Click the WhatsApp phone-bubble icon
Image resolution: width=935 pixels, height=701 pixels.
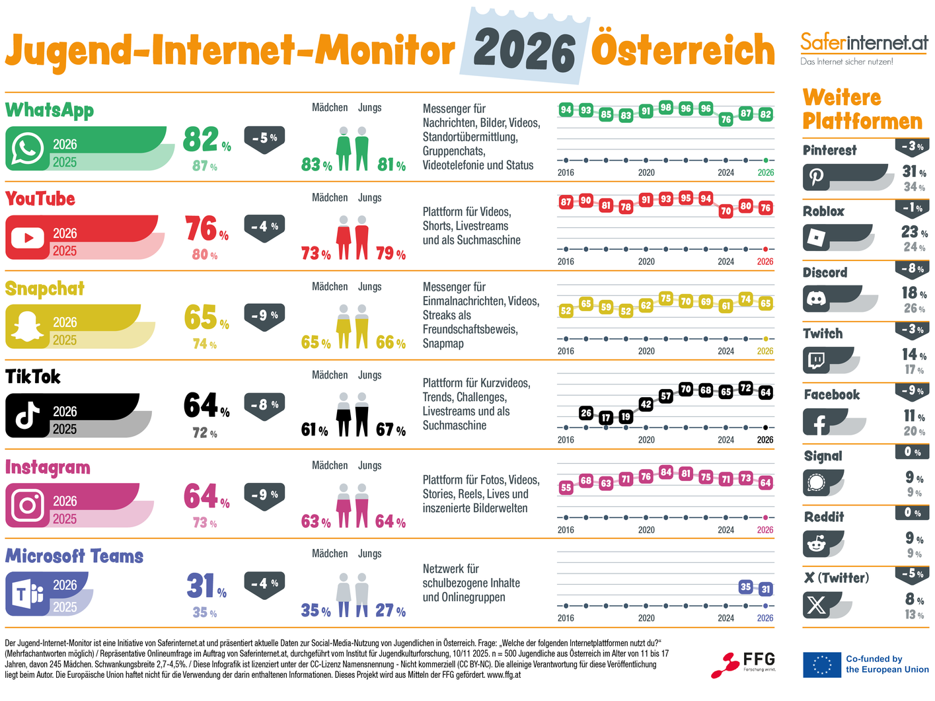click(x=28, y=149)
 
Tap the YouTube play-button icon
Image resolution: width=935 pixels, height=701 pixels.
click(x=28, y=238)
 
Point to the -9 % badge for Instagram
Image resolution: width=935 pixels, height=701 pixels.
click(x=264, y=495)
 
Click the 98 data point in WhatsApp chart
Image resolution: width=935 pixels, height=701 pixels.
click(x=665, y=107)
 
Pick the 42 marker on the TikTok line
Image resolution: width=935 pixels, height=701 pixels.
click(x=646, y=404)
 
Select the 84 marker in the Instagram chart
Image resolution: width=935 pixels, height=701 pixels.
click(x=665, y=472)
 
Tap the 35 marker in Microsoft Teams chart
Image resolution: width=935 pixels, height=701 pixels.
click(x=745, y=587)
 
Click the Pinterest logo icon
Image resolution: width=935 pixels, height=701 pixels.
click(x=817, y=177)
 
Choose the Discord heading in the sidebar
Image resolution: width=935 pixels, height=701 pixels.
click(x=825, y=272)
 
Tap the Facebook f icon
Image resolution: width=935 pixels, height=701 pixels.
click(x=818, y=422)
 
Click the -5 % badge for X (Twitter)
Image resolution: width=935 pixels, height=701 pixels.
click(x=912, y=573)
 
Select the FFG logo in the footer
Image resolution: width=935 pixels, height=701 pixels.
click(x=743, y=664)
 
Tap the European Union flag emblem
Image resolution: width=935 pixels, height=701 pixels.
click(x=821, y=665)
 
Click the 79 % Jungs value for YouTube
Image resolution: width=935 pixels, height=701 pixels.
click(x=390, y=254)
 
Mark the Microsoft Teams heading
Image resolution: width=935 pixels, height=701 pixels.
click(x=74, y=556)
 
